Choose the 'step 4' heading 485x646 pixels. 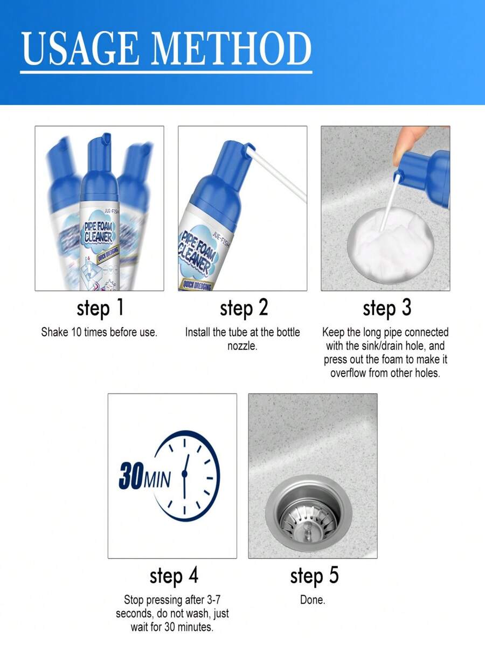(174, 576)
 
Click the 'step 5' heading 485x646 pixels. (314, 576)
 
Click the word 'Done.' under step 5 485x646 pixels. (313, 600)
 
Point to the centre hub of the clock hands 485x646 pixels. (184, 474)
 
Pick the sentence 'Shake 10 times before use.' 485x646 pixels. (99, 332)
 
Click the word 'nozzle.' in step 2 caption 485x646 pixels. (242, 346)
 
